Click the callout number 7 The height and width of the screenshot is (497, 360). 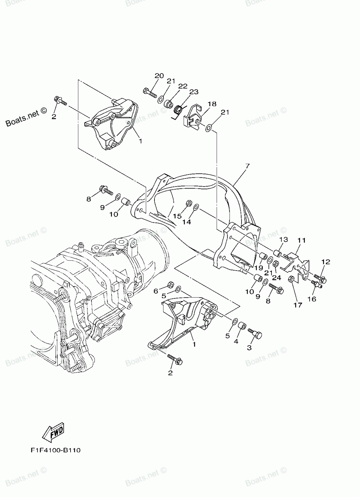(x=247, y=166)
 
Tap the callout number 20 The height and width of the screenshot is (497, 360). (x=159, y=76)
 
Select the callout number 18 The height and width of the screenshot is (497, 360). (x=212, y=104)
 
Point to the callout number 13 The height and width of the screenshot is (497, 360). (x=283, y=240)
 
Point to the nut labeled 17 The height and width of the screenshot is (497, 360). (x=291, y=279)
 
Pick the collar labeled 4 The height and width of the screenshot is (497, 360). (x=243, y=327)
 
